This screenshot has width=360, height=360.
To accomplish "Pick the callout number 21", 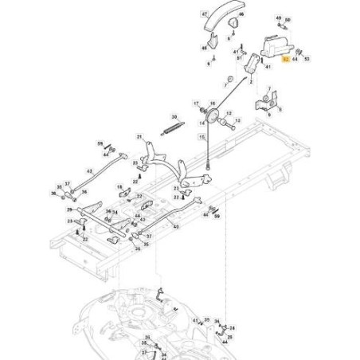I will [x=138, y=138].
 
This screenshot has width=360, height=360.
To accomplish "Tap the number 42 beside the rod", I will [x=88, y=170].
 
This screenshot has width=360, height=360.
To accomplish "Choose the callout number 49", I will [x=278, y=17].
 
